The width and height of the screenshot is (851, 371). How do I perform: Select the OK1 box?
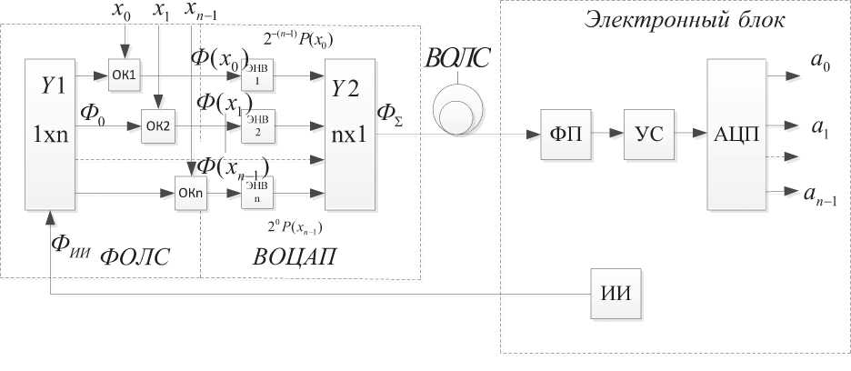click(124, 75)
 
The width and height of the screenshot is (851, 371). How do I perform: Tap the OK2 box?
click(156, 124)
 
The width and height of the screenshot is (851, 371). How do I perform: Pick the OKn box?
click(192, 193)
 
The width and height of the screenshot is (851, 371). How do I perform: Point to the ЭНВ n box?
click(256, 191)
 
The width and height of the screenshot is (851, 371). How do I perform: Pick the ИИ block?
click(616, 294)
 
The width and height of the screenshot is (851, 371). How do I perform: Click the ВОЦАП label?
click(293, 256)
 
